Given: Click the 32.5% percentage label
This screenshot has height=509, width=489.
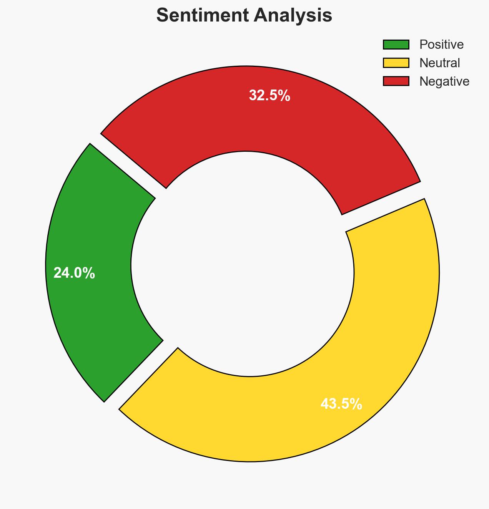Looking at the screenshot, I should coord(269,96).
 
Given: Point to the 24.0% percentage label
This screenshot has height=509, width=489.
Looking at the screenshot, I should coord(74,273).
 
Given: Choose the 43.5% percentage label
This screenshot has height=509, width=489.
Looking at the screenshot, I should coord(341,404).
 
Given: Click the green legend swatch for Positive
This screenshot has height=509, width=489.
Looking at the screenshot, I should coord(396,45).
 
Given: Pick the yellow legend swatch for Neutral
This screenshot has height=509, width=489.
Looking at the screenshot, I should coord(396,63).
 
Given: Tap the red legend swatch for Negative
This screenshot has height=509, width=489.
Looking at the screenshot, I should coord(396,81).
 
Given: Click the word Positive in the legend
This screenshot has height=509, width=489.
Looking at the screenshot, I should coord(441,45).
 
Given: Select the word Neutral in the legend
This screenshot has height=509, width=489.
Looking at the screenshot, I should coord(439,63).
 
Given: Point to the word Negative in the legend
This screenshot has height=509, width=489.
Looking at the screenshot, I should coord(444,81).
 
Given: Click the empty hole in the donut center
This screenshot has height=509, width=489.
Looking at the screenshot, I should coord(242,265).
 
